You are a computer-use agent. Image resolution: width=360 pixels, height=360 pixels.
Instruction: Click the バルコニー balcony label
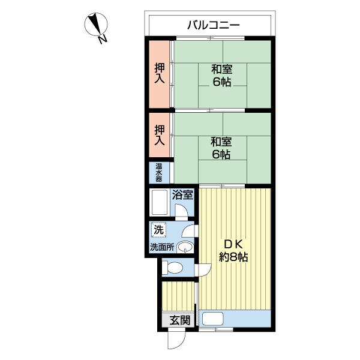(x=213, y=25)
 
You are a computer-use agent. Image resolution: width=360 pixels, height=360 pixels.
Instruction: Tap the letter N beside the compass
(x=103, y=39)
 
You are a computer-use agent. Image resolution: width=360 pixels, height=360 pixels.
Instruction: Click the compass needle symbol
(x=96, y=24)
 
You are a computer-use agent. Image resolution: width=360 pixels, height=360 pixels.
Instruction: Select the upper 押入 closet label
(x=160, y=73)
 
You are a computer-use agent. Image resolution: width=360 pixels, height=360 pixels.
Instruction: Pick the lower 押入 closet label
(x=160, y=135)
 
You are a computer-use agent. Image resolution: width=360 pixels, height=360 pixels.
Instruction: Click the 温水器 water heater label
(x=158, y=172)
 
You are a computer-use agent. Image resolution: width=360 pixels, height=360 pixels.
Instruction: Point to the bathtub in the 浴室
(x=159, y=202)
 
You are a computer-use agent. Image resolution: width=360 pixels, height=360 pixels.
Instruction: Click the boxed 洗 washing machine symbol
(x=158, y=230)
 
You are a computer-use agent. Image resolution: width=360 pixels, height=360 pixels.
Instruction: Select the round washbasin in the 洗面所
(x=185, y=247)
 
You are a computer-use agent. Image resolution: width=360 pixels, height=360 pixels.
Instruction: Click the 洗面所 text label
(x=162, y=247)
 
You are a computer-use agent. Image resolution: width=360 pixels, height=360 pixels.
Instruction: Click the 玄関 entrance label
(x=180, y=320)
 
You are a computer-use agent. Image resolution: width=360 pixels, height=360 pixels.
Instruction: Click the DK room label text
(x=233, y=245)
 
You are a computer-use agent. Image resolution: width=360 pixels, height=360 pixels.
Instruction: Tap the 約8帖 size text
(x=233, y=257)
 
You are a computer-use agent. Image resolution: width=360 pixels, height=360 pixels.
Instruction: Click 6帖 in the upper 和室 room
(x=222, y=82)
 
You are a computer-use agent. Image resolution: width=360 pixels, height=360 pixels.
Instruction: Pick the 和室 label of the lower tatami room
(x=221, y=142)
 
